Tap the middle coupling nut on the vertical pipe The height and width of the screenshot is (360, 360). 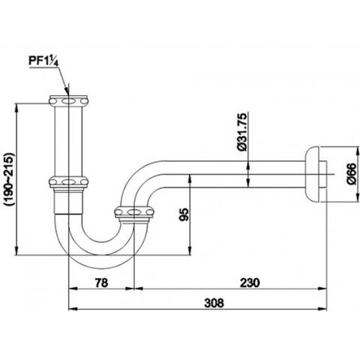point(70,181)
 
